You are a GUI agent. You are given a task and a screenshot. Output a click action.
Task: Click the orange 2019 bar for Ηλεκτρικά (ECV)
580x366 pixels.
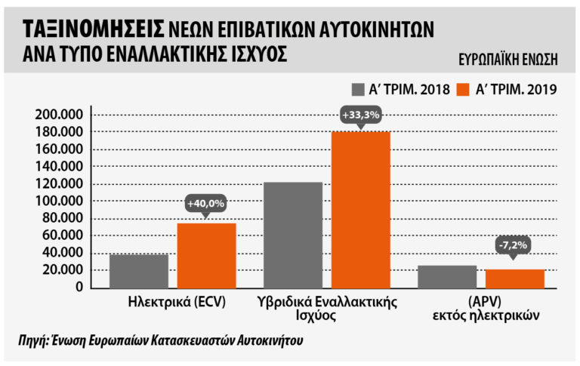(207, 255)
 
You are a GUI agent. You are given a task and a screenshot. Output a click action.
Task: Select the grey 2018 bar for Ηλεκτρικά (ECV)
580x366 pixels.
(138, 270)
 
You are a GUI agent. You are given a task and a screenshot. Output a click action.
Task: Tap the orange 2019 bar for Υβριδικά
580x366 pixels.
(360, 209)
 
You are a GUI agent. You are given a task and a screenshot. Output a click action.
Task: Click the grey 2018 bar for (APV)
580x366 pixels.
(446, 276)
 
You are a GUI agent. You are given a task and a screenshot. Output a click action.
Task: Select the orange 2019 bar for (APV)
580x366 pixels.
(515, 278)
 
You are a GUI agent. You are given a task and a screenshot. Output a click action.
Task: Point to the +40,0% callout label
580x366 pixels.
(206, 203)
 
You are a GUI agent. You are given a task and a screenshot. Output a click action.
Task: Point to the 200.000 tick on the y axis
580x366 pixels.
(59, 115)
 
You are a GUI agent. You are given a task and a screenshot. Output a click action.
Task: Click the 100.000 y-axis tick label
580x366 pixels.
(59, 201)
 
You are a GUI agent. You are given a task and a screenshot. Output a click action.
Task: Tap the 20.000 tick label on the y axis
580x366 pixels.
(62, 269)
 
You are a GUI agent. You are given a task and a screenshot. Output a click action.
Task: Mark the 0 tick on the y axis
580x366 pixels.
(79, 287)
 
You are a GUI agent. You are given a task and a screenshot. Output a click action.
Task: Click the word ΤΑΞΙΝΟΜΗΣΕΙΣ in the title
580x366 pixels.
(93, 29)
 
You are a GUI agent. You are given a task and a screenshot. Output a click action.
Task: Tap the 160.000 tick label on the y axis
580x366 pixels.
(59, 149)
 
